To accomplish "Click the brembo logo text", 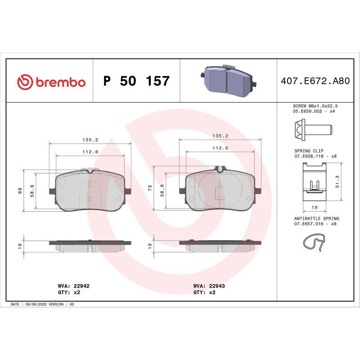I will point(59,82).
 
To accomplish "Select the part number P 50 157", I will point(136,81).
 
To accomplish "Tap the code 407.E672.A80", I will point(315,81).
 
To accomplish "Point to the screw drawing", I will point(313,128).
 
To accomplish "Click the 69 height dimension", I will point(19,191).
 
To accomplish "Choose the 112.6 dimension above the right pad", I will point(220,147).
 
